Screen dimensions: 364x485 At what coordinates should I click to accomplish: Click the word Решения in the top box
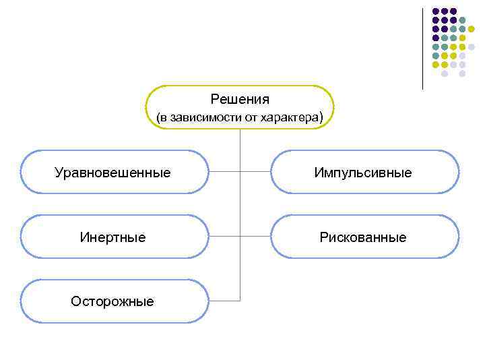pyautogui.click(x=240, y=100)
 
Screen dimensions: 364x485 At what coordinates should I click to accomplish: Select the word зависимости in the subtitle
pyautogui.click(x=204, y=118)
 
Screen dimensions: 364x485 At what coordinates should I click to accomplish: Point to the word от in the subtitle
pyautogui.click(x=254, y=118)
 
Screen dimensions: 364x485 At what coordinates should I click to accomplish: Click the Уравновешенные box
pyautogui.click(x=114, y=173)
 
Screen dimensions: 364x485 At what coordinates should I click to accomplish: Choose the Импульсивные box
pyautogui.click(x=364, y=173)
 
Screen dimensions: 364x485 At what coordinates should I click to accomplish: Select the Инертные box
pyautogui.click(x=114, y=237)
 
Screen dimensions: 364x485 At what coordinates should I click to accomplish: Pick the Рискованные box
pyautogui.click(x=364, y=237)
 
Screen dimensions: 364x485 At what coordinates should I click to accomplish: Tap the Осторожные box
pyautogui.click(x=114, y=301)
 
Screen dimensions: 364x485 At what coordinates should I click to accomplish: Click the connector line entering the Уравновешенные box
pyautogui.click(x=224, y=172)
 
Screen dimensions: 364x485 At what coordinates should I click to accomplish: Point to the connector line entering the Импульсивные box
pyautogui.click(x=256, y=172)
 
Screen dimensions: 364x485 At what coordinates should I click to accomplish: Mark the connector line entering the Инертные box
pyautogui.click(x=224, y=237)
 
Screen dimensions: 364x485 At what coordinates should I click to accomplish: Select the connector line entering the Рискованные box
pyautogui.click(x=256, y=237)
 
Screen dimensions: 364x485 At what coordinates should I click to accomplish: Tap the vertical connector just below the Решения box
pyautogui.click(x=240, y=138)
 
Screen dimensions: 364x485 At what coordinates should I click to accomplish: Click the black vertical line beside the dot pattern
pyautogui.click(x=423, y=47)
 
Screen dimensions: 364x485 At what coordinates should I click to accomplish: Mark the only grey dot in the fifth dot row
pyautogui.click(x=471, y=47)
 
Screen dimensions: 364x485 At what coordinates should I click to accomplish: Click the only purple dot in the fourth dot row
pyautogui.click(x=436, y=38)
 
